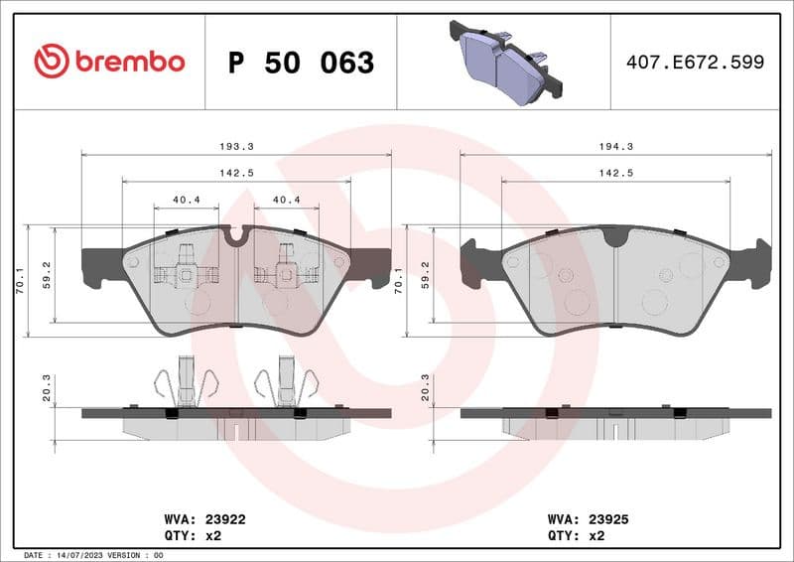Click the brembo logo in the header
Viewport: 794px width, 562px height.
coord(109,62)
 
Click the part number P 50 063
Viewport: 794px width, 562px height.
coord(301,63)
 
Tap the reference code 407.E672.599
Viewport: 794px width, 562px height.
coord(695,62)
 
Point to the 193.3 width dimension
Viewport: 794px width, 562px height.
coord(236,146)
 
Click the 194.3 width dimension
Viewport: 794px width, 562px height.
coord(616,146)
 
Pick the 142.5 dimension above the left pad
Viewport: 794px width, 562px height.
coord(236,173)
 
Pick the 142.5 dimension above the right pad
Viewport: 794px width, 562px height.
coord(616,173)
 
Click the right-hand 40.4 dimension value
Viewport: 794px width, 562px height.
coord(286,200)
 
